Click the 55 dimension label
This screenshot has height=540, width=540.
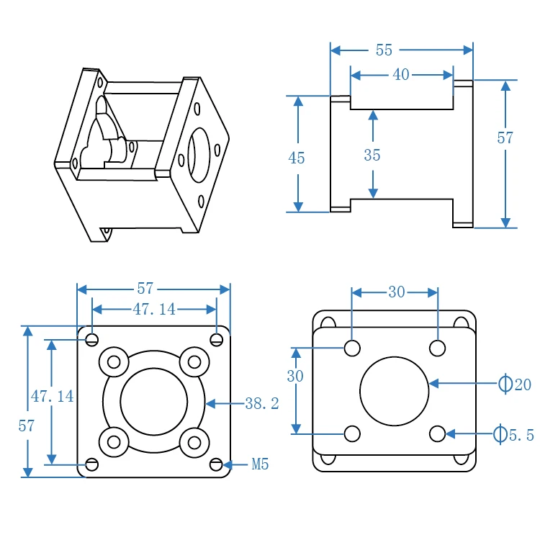(x=384, y=50)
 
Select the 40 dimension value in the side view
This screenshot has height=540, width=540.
(x=400, y=75)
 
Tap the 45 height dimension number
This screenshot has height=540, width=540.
(x=297, y=158)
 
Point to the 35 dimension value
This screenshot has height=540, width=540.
(x=372, y=156)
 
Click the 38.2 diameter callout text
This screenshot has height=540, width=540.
(x=261, y=404)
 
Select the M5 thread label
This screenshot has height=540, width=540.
(x=260, y=465)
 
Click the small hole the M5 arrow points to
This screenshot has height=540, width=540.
(x=217, y=464)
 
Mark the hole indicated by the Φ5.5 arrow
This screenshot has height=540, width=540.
(x=437, y=433)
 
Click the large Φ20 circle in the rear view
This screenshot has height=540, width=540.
(x=394, y=391)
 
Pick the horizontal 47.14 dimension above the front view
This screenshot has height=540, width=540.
(x=154, y=310)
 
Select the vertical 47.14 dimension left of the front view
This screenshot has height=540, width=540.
(x=52, y=396)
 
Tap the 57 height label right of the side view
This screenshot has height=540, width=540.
(x=505, y=138)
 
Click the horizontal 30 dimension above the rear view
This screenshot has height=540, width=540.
(x=396, y=292)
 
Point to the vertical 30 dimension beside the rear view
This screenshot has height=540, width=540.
(x=295, y=377)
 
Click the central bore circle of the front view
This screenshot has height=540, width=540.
(x=153, y=402)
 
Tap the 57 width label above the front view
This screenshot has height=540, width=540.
(x=145, y=289)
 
